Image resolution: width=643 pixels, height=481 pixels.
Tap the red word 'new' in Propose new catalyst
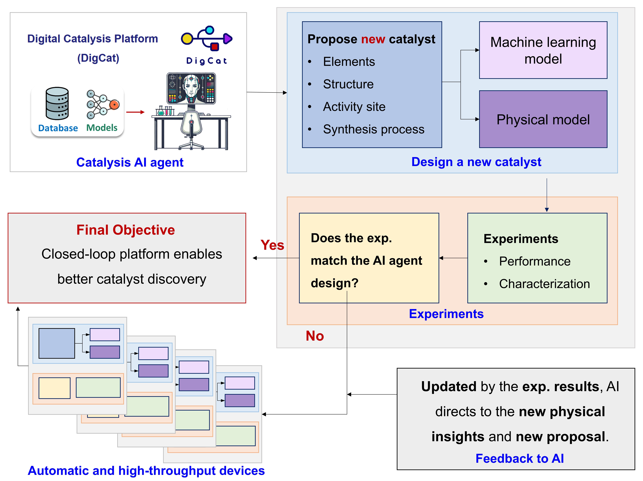(373, 39)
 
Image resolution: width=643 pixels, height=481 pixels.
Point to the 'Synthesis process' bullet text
(374, 129)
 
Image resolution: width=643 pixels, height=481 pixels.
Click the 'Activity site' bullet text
(354, 107)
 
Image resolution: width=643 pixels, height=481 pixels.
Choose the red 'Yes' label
(272, 245)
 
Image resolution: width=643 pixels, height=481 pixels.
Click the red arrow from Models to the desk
(135, 112)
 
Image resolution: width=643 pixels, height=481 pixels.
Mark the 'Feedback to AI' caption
(519, 458)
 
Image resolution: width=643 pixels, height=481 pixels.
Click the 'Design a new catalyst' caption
(476, 162)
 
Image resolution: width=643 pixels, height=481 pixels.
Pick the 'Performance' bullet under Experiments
(535, 261)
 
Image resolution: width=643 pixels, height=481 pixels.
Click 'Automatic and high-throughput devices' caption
(146, 471)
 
